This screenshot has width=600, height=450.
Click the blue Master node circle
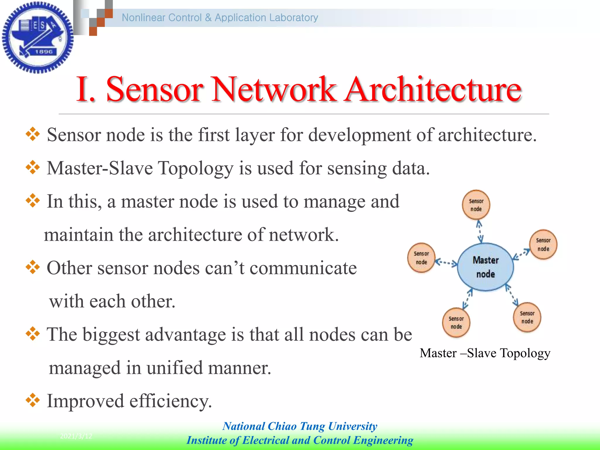485,267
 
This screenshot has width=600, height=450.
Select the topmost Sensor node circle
476,205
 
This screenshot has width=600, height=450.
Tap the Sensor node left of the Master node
421,258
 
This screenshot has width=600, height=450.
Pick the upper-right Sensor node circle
543,244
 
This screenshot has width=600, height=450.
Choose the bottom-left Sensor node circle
456,322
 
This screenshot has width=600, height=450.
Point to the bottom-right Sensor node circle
527,317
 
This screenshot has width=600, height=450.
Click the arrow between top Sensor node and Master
480,231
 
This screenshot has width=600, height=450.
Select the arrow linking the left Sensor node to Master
446,262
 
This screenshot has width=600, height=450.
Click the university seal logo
37,37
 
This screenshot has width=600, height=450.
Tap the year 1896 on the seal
44,52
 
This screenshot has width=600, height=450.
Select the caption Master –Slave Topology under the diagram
485,353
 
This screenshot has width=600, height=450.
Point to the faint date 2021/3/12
76,436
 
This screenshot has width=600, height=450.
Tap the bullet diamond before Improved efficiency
33,400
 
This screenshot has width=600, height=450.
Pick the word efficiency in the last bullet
171,401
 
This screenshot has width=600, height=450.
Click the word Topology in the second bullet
196,168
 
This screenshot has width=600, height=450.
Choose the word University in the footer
353,426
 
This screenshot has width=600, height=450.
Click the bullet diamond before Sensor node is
33,134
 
